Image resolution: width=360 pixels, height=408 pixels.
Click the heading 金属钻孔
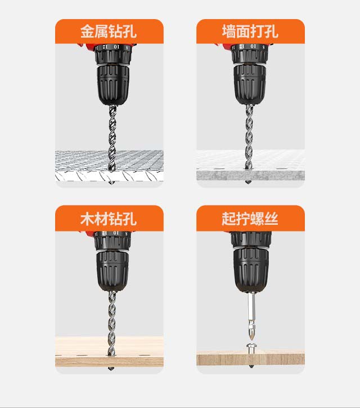(x=109, y=31)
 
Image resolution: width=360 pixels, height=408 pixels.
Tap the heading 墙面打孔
(x=250, y=31)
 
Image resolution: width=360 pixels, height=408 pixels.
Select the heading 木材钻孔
(x=109, y=219)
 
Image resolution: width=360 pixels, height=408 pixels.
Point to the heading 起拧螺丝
(x=250, y=219)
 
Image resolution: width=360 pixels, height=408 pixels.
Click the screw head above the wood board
(x=251, y=346)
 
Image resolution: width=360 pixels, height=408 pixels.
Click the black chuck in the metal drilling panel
(x=113, y=85)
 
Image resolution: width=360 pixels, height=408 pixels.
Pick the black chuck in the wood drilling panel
(x=112, y=271)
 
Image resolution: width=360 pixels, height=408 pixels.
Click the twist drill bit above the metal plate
(x=112, y=137)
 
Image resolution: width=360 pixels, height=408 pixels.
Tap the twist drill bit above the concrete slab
(x=249, y=137)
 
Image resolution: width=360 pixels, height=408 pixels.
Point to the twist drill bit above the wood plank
(x=112, y=323)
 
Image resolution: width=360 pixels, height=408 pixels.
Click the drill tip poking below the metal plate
(x=111, y=183)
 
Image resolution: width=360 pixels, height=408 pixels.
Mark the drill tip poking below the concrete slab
(x=249, y=182)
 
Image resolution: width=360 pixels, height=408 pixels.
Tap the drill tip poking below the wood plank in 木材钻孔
(x=111, y=369)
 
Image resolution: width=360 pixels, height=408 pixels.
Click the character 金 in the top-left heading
(x=87, y=31)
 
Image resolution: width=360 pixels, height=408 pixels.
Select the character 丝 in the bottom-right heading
(x=272, y=219)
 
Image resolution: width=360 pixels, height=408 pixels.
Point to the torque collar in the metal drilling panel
(x=113, y=54)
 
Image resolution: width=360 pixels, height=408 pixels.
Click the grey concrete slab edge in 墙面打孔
(x=250, y=176)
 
